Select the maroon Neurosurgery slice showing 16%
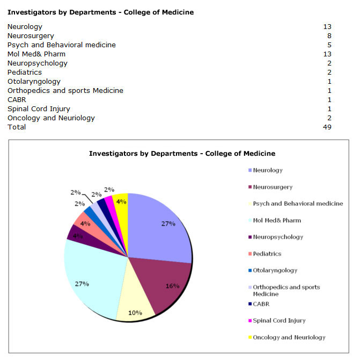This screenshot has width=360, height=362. [164, 285]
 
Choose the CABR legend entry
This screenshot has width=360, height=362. [261, 304]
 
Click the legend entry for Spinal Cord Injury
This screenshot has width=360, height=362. [279, 321]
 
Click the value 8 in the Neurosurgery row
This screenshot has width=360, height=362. [329, 35]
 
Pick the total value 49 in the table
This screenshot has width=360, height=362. [327, 127]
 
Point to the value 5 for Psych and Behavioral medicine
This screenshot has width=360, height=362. [329, 45]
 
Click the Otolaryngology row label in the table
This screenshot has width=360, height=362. [34, 81]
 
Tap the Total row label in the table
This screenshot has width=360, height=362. [17, 127]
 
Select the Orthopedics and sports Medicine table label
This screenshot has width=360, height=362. [65, 90]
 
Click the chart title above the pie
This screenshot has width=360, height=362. [182, 154]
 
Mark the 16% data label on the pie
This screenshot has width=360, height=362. [172, 286]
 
